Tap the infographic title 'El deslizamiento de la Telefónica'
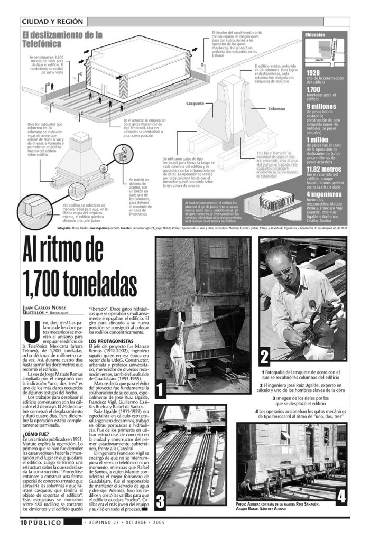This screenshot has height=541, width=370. (62, 39)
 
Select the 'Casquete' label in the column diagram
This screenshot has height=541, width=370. (195, 103)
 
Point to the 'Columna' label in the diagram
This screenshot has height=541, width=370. (276, 108)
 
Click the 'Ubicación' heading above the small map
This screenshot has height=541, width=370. (316, 35)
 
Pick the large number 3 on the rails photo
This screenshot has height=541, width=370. (161, 500)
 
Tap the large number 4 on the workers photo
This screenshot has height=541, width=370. (340, 496)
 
